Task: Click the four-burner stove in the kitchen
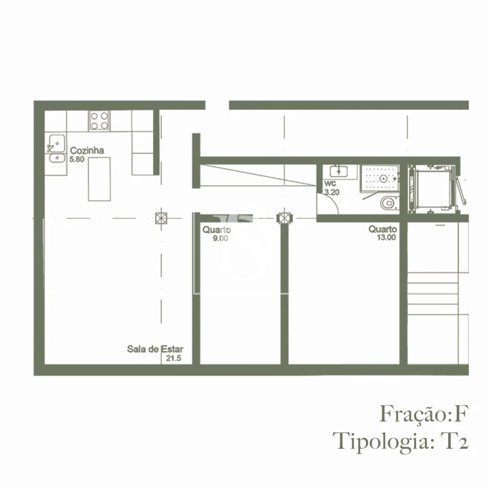pos(100,121)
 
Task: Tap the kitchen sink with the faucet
pos(55,145)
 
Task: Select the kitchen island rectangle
pos(99,178)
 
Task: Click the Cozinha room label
pos(86,151)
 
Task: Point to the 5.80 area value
pos(78,159)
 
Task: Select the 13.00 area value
pos(386,238)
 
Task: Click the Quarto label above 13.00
pos(383,230)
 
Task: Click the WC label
pos(330,184)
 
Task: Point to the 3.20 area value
pos(331,192)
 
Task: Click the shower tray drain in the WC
pos(384,178)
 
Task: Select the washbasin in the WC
pos(336,171)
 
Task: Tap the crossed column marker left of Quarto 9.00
pos(161,218)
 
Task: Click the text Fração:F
pos(424,413)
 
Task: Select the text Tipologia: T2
pos(401,441)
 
